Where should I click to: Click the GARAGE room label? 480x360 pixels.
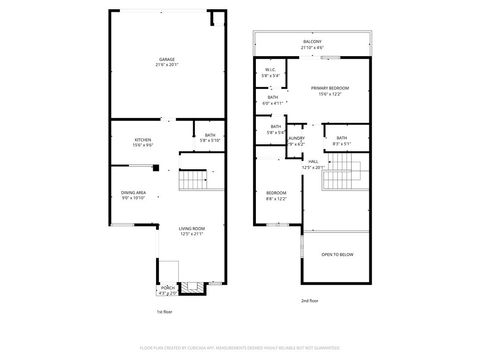click(x=166, y=59)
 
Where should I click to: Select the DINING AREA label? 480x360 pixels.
click(x=134, y=193)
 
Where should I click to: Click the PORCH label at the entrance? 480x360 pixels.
click(x=166, y=288)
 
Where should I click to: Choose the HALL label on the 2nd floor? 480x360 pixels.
click(x=313, y=161)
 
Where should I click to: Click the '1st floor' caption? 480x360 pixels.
click(x=164, y=311)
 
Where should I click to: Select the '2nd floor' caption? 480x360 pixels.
click(x=310, y=300)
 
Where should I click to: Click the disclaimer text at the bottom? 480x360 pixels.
click(x=240, y=347)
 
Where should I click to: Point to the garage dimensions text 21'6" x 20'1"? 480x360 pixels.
click(x=166, y=65)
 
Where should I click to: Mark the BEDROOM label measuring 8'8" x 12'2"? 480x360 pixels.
click(x=276, y=195)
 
